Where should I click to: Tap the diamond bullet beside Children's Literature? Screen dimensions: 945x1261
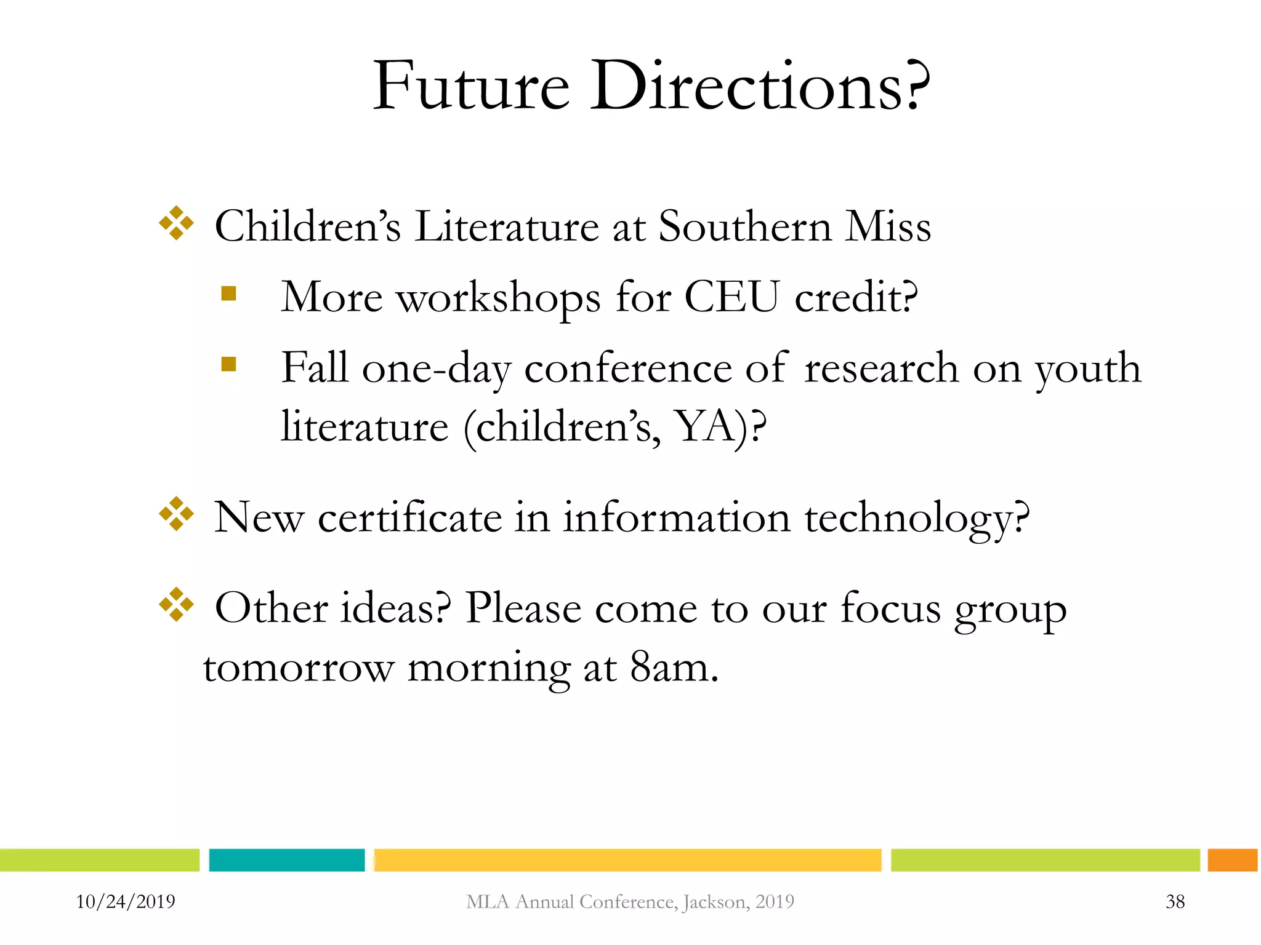pyautogui.click(x=176, y=223)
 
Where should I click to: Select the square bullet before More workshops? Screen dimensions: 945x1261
pyautogui.click(x=228, y=293)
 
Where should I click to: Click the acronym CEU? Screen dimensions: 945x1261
pyautogui.click(x=731, y=298)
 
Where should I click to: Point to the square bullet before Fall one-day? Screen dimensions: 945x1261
pyautogui.click(x=228, y=364)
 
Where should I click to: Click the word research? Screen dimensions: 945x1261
pyautogui.click(x=881, y=369)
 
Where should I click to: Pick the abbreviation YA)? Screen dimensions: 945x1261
pyautogui.click(x=721, y=426)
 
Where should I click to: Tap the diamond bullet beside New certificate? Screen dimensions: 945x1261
pyautogui.click(x=176, y=514)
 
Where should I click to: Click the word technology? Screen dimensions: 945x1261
pyautogui.click(x=917, y=518)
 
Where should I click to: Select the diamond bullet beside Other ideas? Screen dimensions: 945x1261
pyautogui.click(x=176, y=604)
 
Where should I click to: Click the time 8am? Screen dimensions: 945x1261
pyautogui.click(x=674, y=668)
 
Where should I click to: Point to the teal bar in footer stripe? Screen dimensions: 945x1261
pyautogui.click(x=287, y=860)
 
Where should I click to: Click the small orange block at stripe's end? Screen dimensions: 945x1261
pyautogui.click(x=1232, y=860)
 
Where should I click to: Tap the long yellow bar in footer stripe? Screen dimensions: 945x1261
pyautogui.click(x=627, y=860)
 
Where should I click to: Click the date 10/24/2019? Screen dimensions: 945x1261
pyautogui.click(x=126, y=902)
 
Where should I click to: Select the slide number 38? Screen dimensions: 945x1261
pyautogui.click(x=1175, y=902)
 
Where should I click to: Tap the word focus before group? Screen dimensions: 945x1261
pyautogui.click(x=890, y=608)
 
